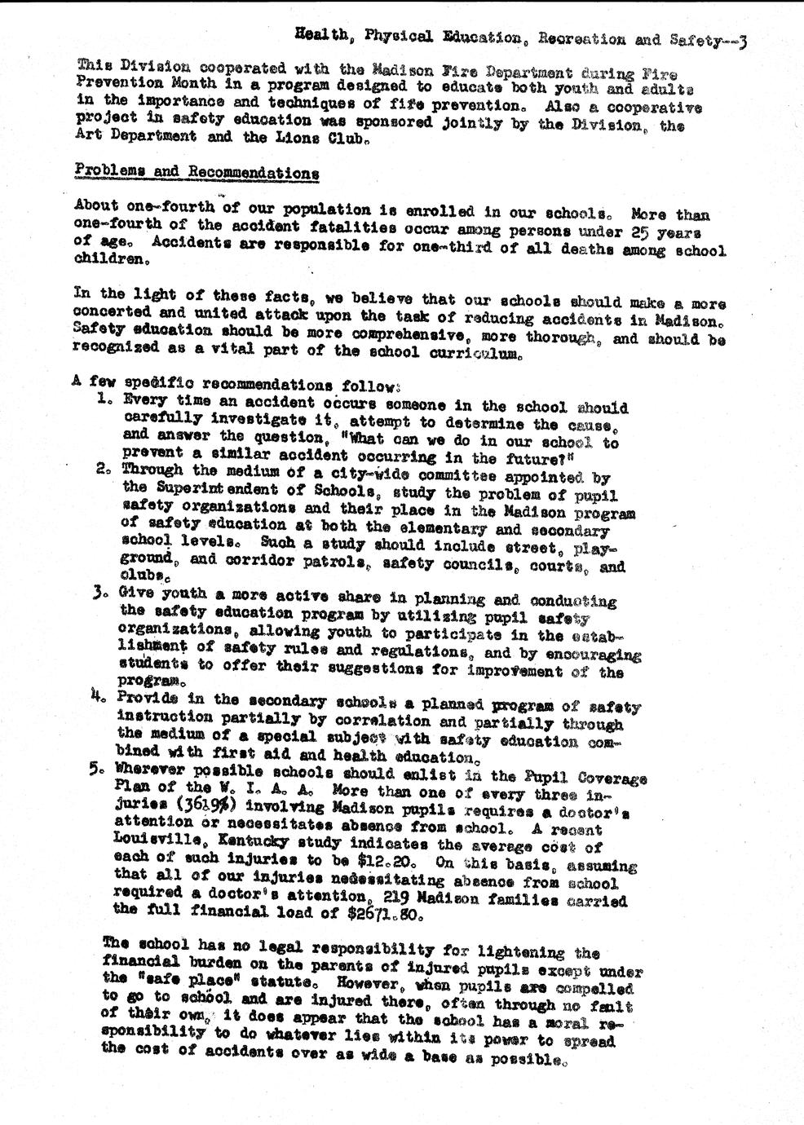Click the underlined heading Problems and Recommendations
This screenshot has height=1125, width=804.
tap(196, 172)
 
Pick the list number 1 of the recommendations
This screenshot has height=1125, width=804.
tap(103, 399)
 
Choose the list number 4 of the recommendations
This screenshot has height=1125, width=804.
tap(101, 698)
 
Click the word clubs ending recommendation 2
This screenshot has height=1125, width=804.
tap(142, 574)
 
